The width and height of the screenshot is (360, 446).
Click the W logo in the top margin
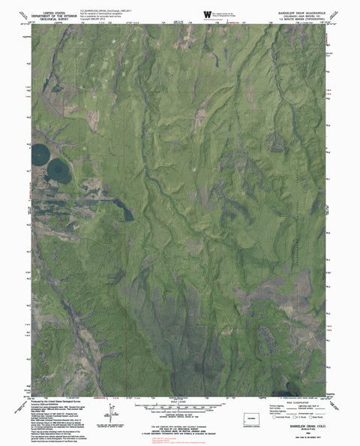(x=208, y=14)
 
